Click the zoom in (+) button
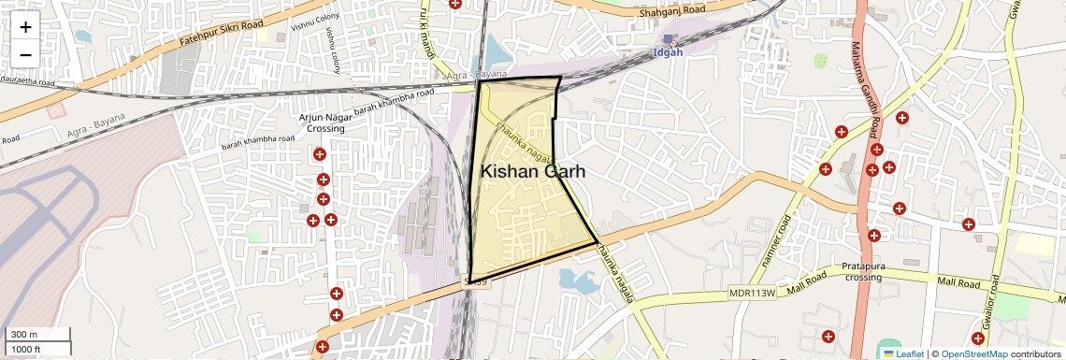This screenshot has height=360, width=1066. tap(25, 26)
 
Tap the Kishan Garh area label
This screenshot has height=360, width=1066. tap(533, 171)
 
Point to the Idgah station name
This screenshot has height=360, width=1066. tap(669, 52)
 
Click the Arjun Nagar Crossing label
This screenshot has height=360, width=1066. tap(323, 122)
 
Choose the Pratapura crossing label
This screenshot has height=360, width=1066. tap(863, 271)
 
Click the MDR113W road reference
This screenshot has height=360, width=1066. tap(753, 293)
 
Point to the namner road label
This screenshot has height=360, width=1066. tap(777, 240)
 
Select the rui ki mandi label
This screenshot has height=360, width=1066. tap(427, 33)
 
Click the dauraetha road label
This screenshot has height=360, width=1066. tap(28, 83)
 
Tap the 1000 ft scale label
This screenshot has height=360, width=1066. tap(25, 350)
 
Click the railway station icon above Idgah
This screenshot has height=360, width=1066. tap(669, 38)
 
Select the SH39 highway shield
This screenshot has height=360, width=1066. tap(478, 281)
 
